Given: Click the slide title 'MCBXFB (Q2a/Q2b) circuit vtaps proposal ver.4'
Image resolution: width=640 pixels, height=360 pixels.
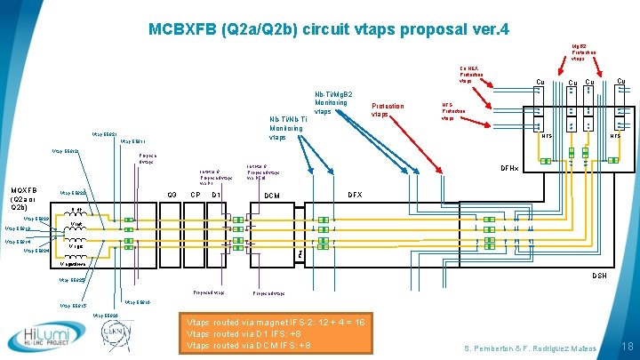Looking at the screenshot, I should [x=328, y=29].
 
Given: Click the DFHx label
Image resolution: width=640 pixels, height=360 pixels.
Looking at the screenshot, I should [x=509, y=168].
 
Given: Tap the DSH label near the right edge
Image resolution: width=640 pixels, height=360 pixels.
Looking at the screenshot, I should [x=599, y=276].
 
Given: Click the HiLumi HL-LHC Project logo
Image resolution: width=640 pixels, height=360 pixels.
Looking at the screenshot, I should [x=39, y=337].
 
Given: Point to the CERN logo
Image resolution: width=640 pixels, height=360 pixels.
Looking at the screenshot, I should [x=116, y=337].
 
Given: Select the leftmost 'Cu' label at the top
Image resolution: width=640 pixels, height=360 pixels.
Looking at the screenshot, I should [x=540, y=83].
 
